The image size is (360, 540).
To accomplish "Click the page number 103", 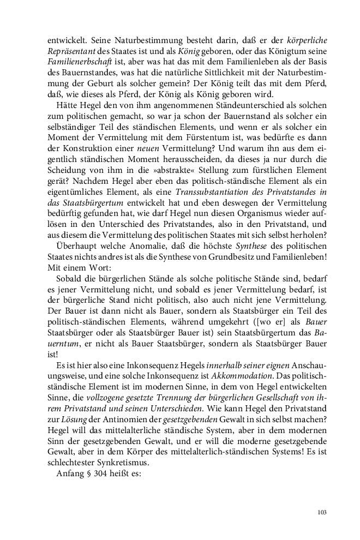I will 321,512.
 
